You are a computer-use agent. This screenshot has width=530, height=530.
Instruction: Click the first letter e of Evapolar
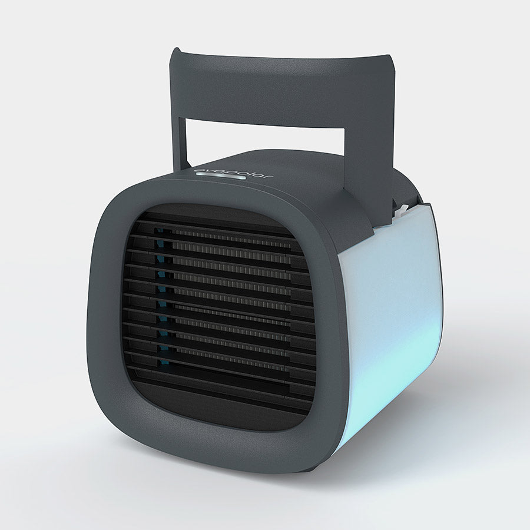197,173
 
